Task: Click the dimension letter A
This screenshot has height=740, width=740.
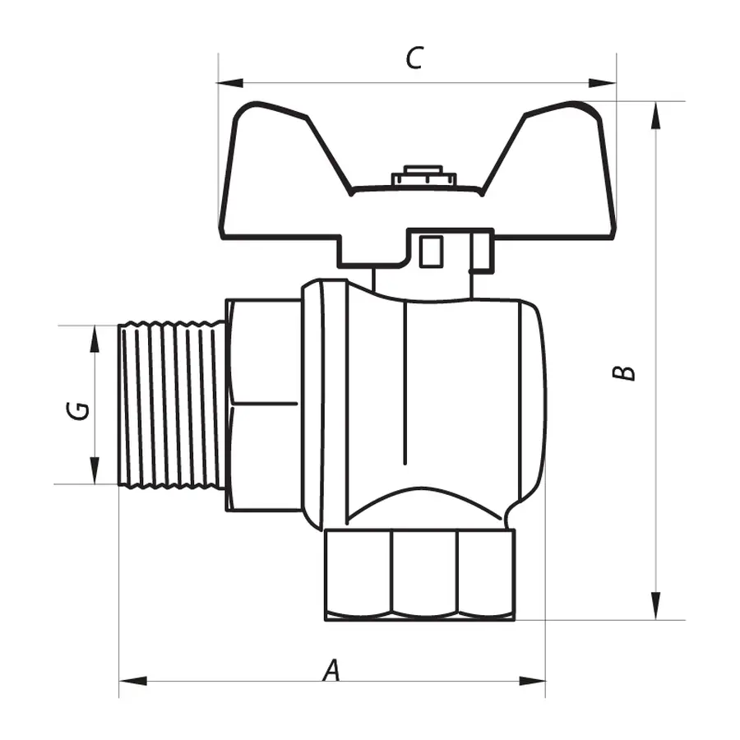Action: pyautogui.click(x=331, y=670)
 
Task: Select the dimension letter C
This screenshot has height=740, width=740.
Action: pyautogui.click(x=415, y=58)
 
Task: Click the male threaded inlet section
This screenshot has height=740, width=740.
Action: pyautogui.click(x=171, y=405)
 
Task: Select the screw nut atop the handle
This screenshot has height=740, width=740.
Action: pyautogui.click(x=423, y=176)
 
